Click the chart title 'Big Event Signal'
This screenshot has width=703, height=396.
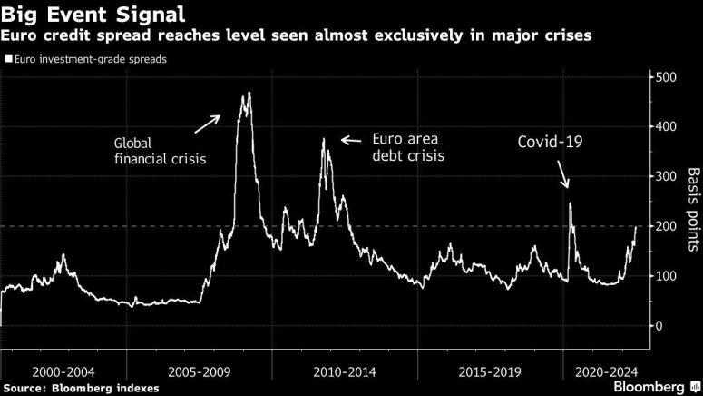(x=94, y=15)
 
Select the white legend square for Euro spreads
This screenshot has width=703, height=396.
(x=8, y=60)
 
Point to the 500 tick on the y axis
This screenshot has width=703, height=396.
(x=665, y=77)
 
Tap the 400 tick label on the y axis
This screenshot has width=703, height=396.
(x=665, y=127)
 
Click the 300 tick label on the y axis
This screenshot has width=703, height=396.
(x=665, y=176)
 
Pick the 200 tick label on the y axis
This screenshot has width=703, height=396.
(x=665, y=226)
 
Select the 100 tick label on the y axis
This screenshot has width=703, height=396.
(x=665, y=275)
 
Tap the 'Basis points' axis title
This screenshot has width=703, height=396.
(x=692, y=210)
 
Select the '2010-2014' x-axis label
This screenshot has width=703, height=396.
(x=345, y=371)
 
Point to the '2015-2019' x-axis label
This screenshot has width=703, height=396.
(x=485, y=371)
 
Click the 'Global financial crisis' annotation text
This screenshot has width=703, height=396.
(x=160, y=151)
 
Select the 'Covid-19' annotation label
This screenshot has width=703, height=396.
(x=551, y=143)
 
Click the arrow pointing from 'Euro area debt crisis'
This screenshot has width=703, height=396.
(x=351, y=140)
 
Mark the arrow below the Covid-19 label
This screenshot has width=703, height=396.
(x=563, y=173)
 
